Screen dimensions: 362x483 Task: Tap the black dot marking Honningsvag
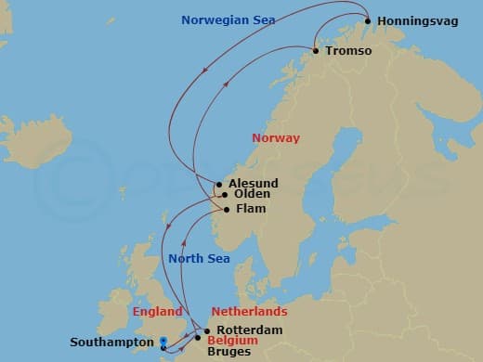click(369, 21)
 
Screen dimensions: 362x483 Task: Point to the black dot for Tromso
click(316, 51)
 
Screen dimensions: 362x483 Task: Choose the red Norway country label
click(276, 137)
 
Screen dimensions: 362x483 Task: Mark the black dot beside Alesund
click(219, 184)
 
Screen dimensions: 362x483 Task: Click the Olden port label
click(252, 194)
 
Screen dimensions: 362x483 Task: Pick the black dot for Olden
click(224, 195)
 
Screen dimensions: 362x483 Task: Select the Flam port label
click(250, 209)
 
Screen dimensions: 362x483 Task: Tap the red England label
click(158, 312)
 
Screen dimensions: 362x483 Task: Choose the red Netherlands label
click(250, 312)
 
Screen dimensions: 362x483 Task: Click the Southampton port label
click(111, 342)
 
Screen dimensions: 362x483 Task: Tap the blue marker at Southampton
click(163, 341)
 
